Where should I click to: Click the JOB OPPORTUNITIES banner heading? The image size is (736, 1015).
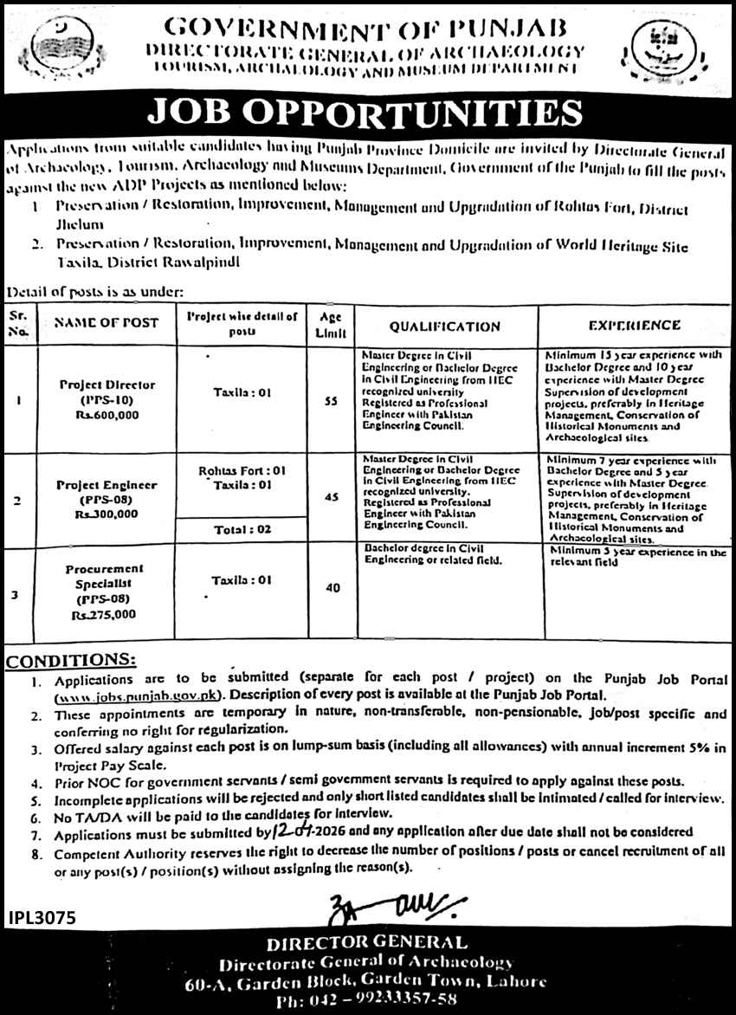[367, 113]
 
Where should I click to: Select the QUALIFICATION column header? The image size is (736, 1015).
[444, 326]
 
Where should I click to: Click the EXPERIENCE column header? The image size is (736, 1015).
[634, 326]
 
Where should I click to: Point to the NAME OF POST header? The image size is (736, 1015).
[107, 323]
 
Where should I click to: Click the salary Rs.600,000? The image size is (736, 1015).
[107, 416]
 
